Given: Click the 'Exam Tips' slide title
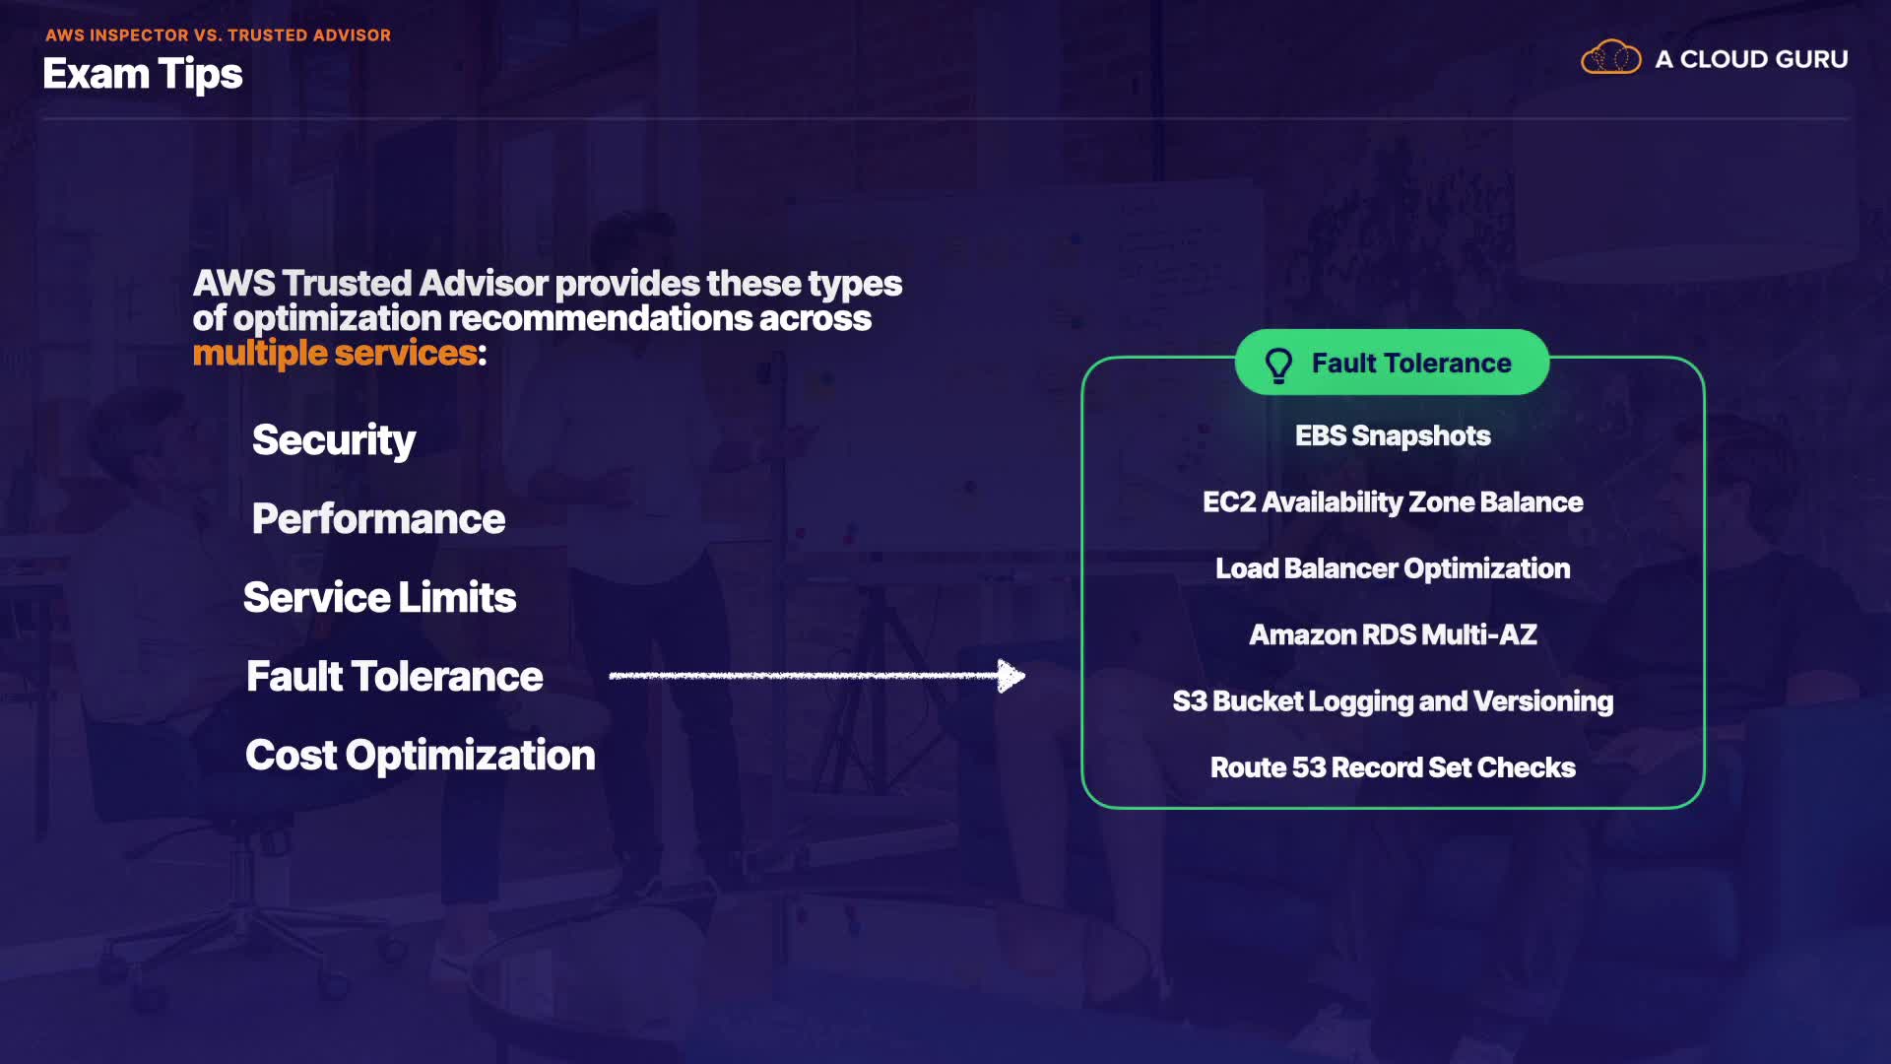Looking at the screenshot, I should tap(143, 75).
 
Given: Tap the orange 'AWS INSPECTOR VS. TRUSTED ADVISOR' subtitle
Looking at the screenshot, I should tap(218, 35).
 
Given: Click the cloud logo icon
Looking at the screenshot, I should tap(1610, 58).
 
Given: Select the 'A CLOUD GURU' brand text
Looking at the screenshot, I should tap(1750, 59).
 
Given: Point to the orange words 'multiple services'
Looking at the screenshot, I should tap(335, 353).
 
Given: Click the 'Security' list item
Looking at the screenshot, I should tap(334, 440).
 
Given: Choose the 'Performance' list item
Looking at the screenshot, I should tap(378, 519).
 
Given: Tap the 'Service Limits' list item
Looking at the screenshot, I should tap(379, 598).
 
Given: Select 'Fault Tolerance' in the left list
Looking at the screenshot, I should tap(394, 677).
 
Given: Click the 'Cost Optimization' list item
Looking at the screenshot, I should tap(420, 756).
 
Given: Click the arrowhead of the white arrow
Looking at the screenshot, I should tap(1011, 676).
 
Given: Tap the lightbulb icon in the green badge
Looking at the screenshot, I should tap(1278, 365).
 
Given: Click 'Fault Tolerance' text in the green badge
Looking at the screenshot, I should tap(1410, 364).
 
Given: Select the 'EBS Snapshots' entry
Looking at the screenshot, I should tap(1392, 435).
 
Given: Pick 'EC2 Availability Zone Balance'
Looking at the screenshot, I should tap(1392, 502).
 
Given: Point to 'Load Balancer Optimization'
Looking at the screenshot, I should tap(1392, 568).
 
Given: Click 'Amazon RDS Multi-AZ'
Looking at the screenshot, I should tap(1392, 634).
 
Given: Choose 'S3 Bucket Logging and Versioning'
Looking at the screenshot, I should tap(1392, 701).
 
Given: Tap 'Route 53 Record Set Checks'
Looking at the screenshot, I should tap(1392, 767).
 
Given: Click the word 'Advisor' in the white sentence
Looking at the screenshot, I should tap(484, 284).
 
